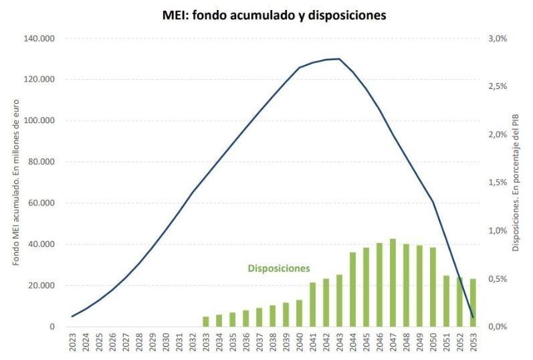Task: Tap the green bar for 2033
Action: (206, 321)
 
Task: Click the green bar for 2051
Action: (446, 301)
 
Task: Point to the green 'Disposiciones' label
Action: (279, 268)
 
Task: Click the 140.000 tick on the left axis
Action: (41, 39)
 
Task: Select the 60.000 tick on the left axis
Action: (43, 203)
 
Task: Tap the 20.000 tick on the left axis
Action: (43, 286)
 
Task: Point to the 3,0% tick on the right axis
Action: (498, 39)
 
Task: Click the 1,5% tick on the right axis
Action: (498, 183)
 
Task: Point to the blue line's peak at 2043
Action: (339, 59)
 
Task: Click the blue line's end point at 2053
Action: (473, 317)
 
